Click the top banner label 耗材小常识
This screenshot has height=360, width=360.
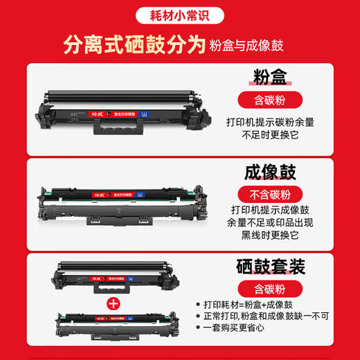coord(180,14)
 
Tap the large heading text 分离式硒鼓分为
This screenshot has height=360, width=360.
coord(134,46)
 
